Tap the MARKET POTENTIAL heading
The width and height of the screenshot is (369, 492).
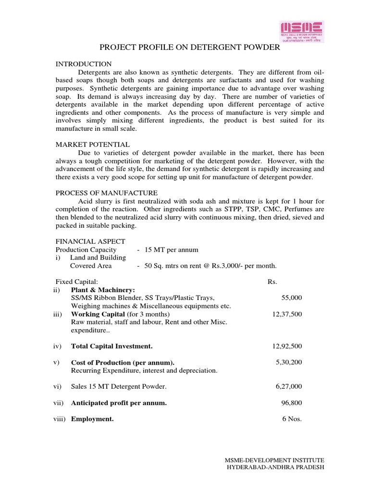(x=92, y=144)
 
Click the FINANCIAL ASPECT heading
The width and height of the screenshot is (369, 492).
(x=90, y=241)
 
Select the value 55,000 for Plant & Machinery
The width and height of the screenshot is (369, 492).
(x=291, y=298)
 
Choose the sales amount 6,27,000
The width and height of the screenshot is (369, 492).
(x=289, y=387)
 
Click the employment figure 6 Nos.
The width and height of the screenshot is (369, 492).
(x=292, y=419)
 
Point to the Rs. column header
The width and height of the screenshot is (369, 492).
(x=272, y=282)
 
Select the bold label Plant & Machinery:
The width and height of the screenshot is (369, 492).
(x=103, y=290)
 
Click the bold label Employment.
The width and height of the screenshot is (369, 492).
(x=92, y=419)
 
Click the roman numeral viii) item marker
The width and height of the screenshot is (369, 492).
(x=60, y=419)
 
